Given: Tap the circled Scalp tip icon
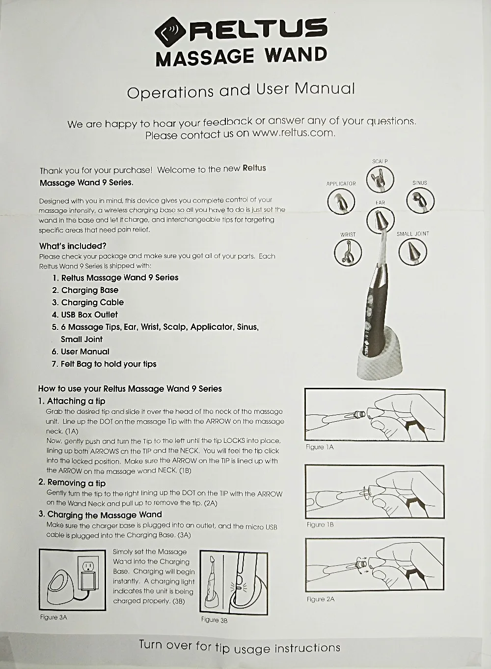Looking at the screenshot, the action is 380,179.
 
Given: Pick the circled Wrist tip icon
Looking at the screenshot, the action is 348,252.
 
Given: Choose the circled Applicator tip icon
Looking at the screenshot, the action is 341,202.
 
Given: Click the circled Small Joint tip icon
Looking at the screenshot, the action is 412,252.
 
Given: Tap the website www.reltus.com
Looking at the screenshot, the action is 294,133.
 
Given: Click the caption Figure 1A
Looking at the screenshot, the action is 320,447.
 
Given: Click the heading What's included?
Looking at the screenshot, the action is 73,246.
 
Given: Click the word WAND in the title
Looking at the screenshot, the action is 296,55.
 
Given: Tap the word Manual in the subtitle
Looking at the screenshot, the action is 325,88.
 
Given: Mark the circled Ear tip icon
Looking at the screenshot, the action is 380,220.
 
